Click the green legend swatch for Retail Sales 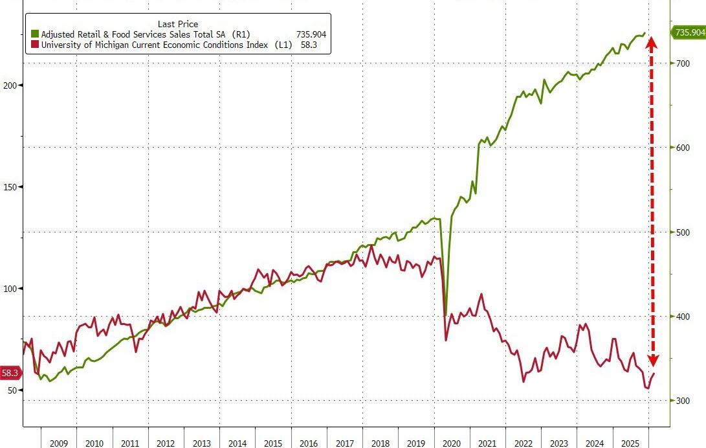tap(34, 34)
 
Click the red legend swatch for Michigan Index tap(34, 45)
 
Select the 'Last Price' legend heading tap(178, 24)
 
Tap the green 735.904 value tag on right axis tap(689, 32)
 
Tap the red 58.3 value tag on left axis tap(10, 373)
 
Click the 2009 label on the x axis tap(58, 443)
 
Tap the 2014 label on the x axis tap(237, 443)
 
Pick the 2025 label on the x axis tap(631, 443)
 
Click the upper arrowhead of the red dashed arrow tap(652, 43)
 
